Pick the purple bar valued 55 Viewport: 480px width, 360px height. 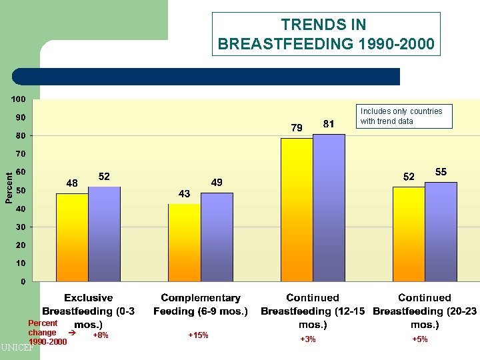tap(441, 231)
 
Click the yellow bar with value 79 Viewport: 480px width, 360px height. tap(297, 209)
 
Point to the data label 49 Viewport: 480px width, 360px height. tap(217, 183)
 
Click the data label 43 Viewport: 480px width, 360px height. tap(185, 193)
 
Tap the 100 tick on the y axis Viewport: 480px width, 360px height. tap(18, 99)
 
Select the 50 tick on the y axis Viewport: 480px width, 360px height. tap(21, 191)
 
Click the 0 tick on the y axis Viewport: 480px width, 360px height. tap(23, 282)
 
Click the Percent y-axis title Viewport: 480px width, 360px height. tap(9, 189)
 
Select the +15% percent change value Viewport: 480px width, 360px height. tap(198, 335)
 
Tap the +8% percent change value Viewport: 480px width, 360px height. tap(100, 335)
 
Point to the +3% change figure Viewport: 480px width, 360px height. tap(307, 340)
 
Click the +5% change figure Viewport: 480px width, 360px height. tap(419, 340)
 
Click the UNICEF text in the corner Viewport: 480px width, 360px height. tap(17, 347)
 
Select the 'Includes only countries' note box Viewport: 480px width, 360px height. tap(405, 116)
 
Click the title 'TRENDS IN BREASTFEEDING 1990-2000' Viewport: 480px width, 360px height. tap(326, 34)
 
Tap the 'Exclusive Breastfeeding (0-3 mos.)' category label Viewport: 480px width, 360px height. tap(89, 311)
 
